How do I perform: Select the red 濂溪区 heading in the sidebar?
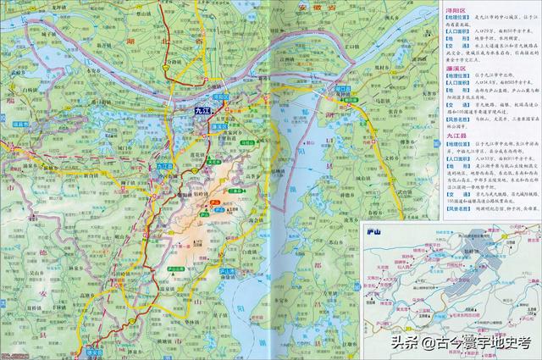(456, 66)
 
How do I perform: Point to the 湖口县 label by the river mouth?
(343, 88)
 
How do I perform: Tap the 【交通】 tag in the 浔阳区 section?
(455, 47)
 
